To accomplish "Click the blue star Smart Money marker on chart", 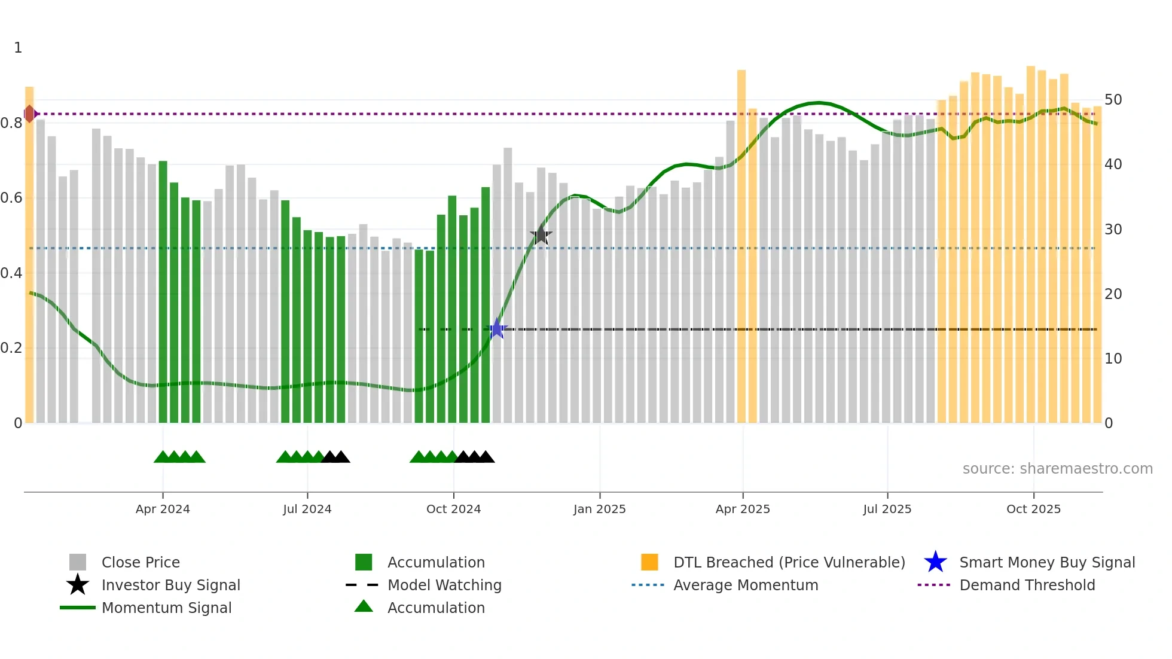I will point(496,329).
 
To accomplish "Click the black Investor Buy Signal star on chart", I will point(541,235).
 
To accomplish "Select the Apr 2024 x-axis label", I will point(163,509).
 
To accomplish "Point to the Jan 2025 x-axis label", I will point(599,509).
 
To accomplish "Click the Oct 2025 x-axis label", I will point(1033,509).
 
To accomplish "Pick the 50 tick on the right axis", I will point(1113,100).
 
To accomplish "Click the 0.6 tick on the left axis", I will point(12,198).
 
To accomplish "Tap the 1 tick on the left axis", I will point(18,48).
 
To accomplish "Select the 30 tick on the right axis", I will point(1113,230).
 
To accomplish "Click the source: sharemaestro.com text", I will point(1057,469).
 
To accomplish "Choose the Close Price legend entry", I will point(141,563).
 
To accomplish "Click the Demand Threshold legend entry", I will point(1027,585).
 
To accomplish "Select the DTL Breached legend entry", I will point(789,563).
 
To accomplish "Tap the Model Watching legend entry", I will point(444,585).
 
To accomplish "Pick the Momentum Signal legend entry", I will point(166,608).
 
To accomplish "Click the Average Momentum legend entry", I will point(745,585).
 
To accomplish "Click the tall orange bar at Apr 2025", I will point(741,239).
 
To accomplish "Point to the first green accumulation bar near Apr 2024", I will point(163,293).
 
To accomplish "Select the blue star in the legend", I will point(935,563).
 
